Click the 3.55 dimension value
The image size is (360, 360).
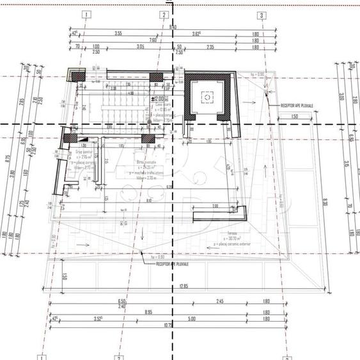(x=118, y=33)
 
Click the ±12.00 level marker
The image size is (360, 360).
(x=157, y=99)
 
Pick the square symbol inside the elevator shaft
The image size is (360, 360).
(x=207, y=97)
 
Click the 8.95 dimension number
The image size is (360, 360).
(x=148, y=311)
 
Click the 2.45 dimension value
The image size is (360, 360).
(x=219, y=301)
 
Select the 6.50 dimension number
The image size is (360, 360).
(x=121, y=301)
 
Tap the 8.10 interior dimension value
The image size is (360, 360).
(x=148, y=201)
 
